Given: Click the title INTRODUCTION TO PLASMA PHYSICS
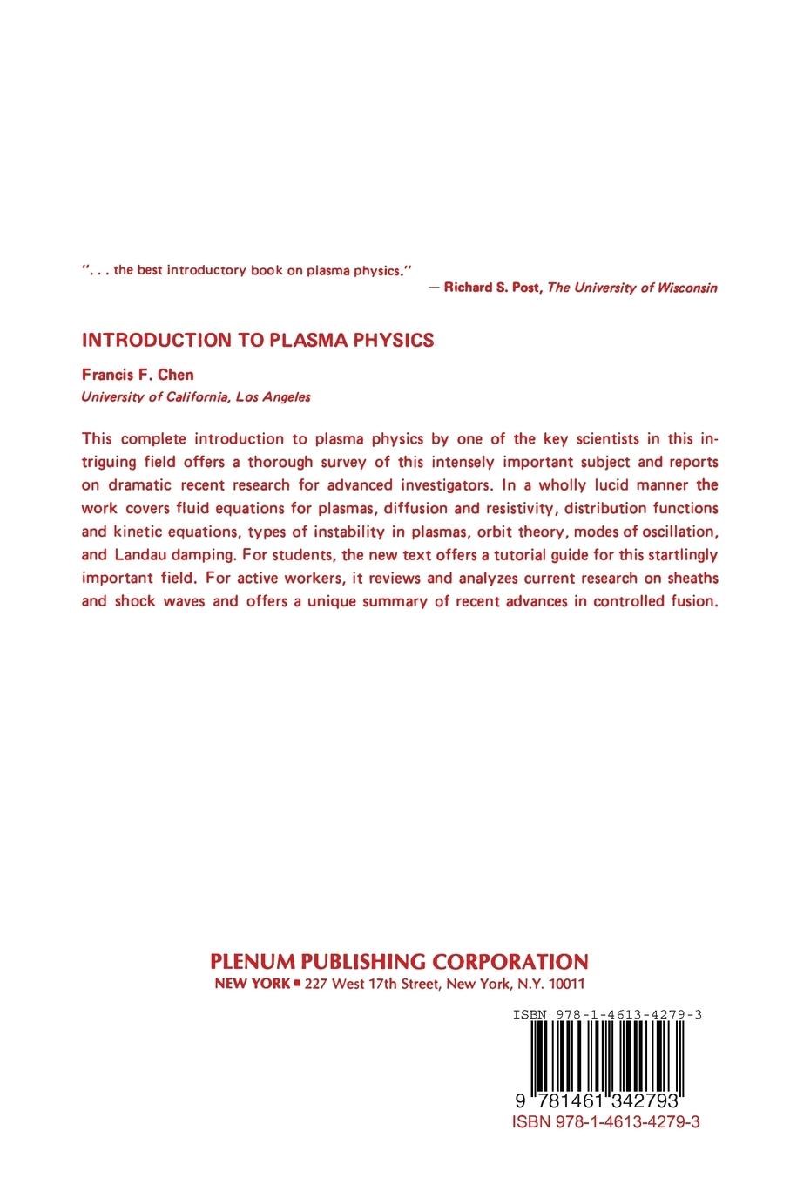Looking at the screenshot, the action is [x=257, y=340].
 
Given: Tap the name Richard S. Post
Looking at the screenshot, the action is [x=492, y=288].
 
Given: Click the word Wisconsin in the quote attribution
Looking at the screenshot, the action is [x=685, y=288].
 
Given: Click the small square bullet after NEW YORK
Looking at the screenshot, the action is [x=297, y=983].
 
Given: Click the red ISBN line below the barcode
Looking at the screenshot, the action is [x=608, y=1122].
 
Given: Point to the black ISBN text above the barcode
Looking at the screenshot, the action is [x=608, y=1014].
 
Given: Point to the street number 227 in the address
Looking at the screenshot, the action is [x=316, y=983].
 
